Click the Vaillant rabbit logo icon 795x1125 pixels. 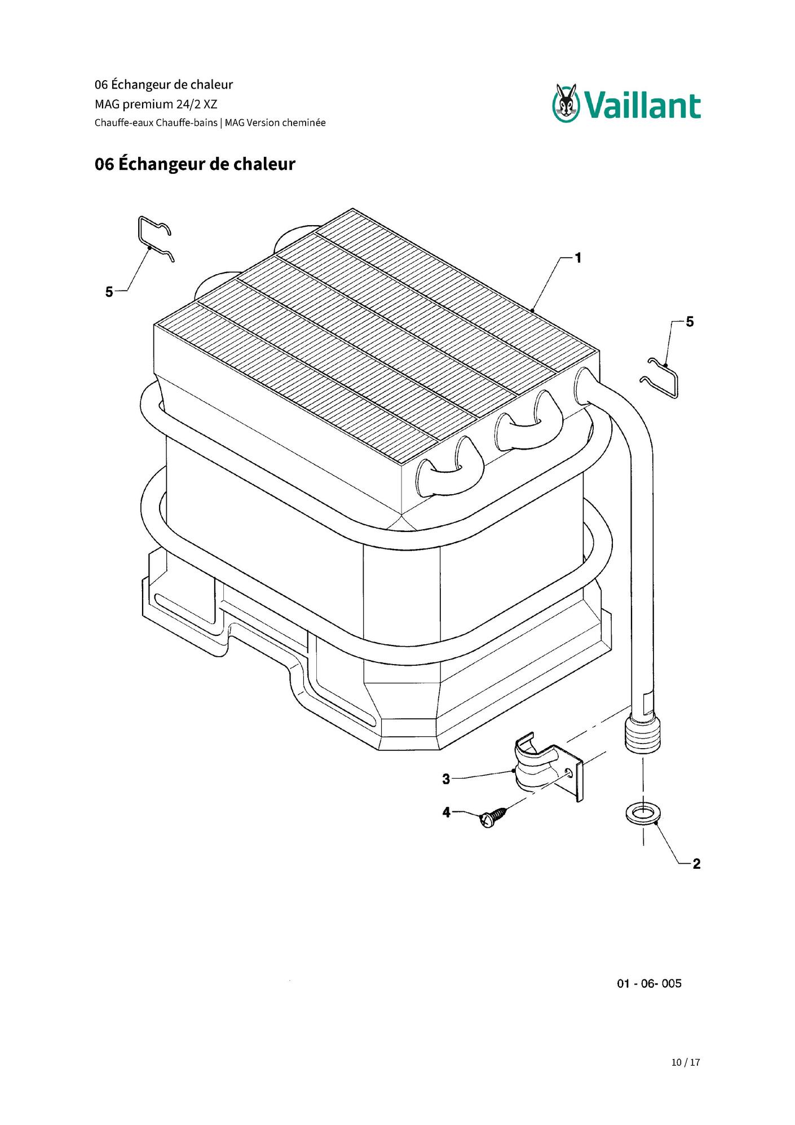click(x=566, y=103)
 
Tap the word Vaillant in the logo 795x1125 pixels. click(x=642, y=106)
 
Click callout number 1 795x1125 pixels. click(x=578, y=258)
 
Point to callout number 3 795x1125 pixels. click(x=446, y=779)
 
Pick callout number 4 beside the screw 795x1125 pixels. click(x=446, y=812)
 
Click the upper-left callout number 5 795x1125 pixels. click(x=109, y=292)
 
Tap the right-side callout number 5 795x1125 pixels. click(x=690, y=322)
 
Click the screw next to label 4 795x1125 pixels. click(x=493, y=818)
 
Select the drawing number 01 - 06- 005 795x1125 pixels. click(x=649, y=984)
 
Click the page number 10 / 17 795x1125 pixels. click(x=686, y=1062)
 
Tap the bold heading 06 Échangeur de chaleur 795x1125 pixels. click(x=195, y=164)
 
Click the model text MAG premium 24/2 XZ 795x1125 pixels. click(x=156, y=104)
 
